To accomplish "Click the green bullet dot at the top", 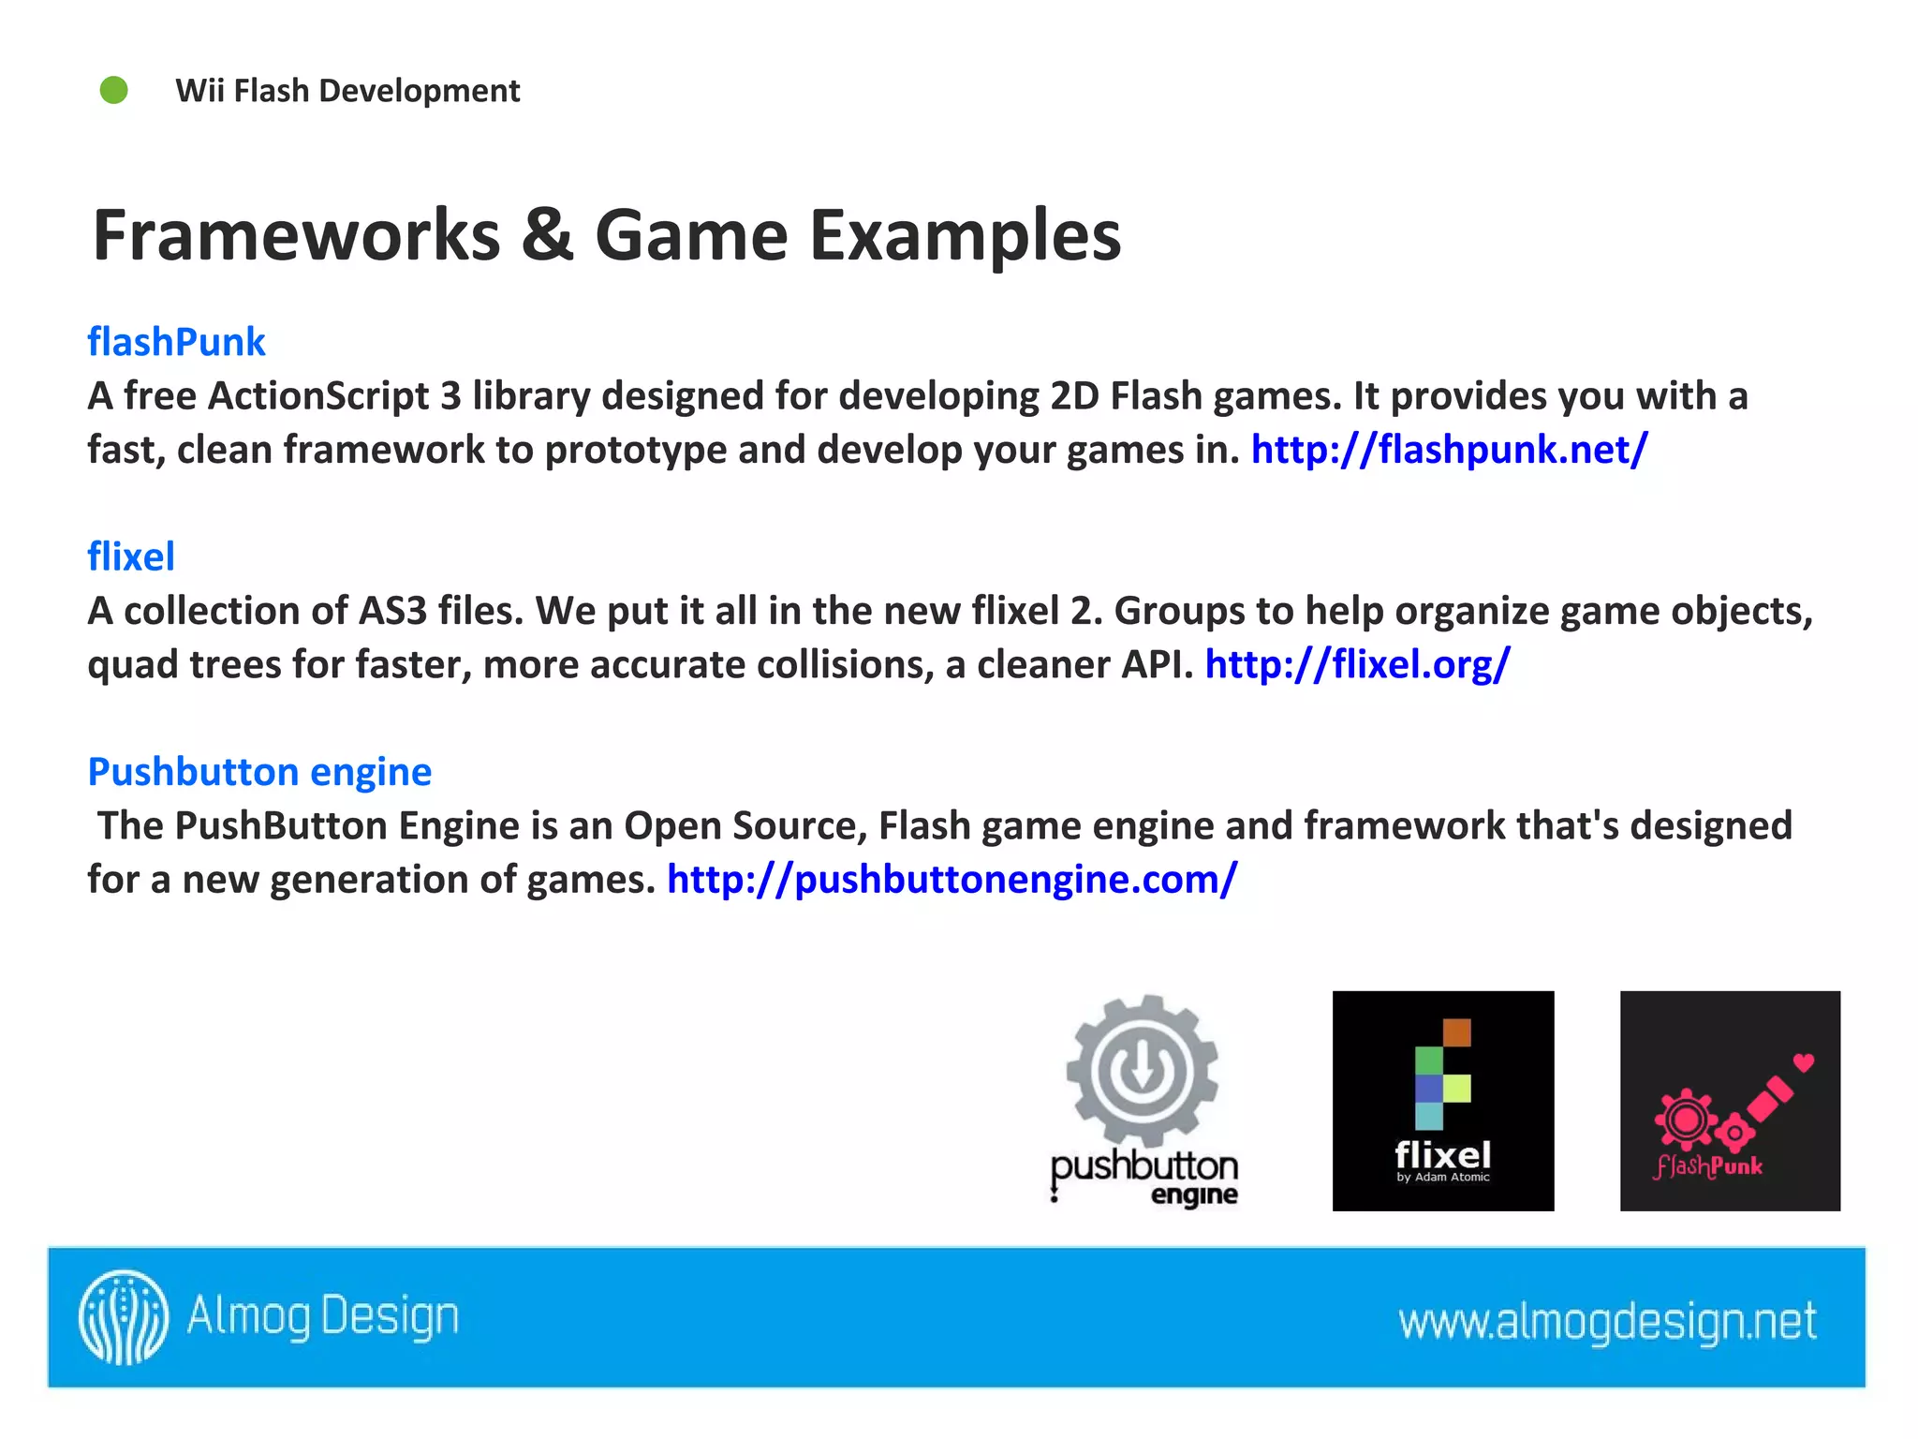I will tap(114, 91).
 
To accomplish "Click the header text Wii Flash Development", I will tap(347, 91).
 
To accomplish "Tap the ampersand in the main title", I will tap(547, 235).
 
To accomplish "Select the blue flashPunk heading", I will tap(176, 342).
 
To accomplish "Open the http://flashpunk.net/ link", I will tap(1449, 450).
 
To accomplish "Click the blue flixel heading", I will tap(131, 556).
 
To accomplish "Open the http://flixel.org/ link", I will tap(1357, 664).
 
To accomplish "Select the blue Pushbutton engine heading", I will tap(259, 772).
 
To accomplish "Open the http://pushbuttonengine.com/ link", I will tap(952, 880).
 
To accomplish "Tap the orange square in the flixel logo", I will tap(1456, 1032).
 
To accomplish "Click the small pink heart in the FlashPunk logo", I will tap(1804, 1062).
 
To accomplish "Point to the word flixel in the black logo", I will tap(1442, 1154).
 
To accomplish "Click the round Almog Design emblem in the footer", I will tap(124, 1317).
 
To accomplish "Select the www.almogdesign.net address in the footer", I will tap(1607, 1321).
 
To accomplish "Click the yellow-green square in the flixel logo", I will tap(1456, 1088).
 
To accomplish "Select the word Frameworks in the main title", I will tap(297, 235).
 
